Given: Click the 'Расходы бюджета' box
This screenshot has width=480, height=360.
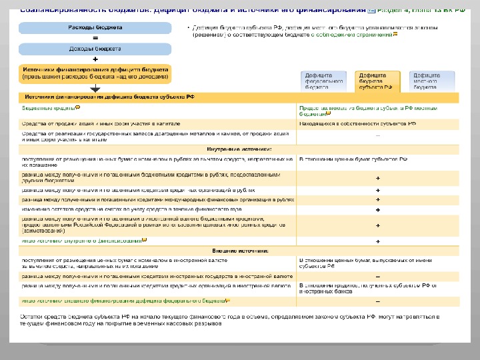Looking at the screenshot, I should click(95, 28).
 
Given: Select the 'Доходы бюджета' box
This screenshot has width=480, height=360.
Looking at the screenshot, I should click(95, 49).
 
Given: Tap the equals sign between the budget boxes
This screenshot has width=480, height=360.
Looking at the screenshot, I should click(95, 39).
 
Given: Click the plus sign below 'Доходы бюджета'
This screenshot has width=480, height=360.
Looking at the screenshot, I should click(95, 59).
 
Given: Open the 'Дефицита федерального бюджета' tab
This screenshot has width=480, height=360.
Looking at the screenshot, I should click(325, 81).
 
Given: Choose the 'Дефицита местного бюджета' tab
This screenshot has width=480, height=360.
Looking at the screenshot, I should click(431, 81).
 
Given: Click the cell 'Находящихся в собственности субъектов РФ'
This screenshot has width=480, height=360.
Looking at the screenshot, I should click(357, 123).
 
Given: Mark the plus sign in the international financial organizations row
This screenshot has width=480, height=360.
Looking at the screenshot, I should click(378, 199).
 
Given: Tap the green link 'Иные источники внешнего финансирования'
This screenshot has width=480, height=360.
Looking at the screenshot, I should click(123, 301).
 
